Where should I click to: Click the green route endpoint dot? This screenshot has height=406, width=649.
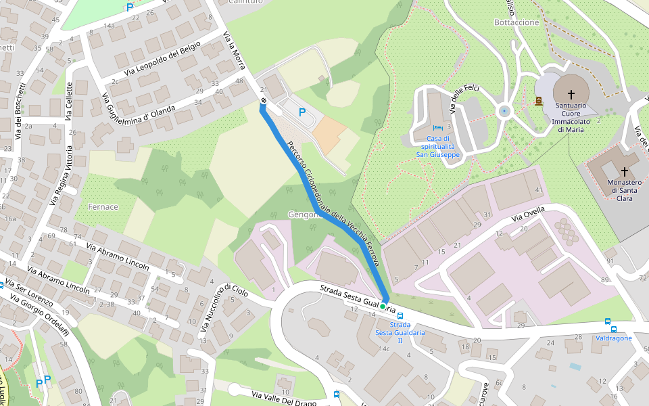point(383,307)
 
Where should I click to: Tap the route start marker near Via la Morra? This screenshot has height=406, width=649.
point(263,101)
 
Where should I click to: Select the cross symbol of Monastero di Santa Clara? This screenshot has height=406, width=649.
point(624,171)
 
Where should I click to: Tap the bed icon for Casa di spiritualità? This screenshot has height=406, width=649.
point(438,127)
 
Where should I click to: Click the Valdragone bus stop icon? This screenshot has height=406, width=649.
point(607,321)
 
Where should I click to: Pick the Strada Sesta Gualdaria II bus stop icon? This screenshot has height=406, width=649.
point(400,315)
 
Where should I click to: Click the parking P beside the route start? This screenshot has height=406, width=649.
point(302,113)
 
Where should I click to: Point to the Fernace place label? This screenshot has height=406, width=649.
point(103,206)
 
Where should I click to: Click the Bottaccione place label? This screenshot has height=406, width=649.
point(517,22)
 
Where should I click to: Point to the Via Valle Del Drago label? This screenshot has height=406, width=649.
point(284,399)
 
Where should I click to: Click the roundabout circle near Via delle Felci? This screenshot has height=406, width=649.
point(504,111)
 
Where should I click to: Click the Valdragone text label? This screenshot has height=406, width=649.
point(614,338)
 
